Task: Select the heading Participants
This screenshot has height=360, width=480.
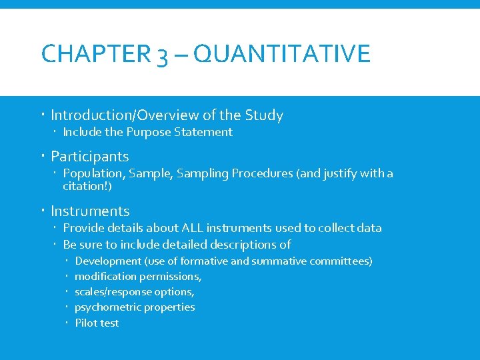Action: coord(89,157)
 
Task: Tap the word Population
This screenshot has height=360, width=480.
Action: coord(92,173)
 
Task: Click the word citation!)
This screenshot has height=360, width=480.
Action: coord(87,186)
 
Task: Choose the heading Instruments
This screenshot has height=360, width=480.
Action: coord(90,211)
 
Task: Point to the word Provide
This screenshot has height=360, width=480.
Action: coord(83,228)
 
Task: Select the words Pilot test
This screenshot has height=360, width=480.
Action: coord(97,323)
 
